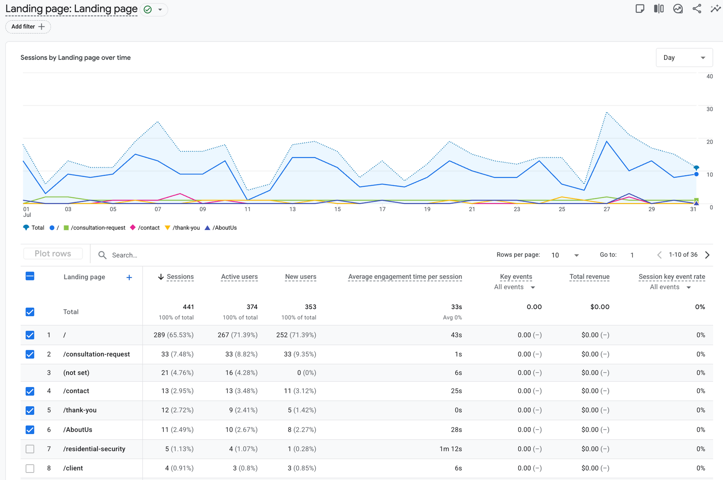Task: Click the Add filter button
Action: (28, 27)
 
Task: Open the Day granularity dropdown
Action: (684, 58)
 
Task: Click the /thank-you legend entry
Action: (183, 228)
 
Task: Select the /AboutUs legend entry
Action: (221, 228)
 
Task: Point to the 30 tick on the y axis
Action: (709, 109)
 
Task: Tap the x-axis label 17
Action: (382, 209)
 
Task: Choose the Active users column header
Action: (239, 277)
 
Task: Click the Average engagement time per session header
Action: (405, 277)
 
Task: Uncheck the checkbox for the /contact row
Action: (30, 391)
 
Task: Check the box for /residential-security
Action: (30, 449)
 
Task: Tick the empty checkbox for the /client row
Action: (30, 468)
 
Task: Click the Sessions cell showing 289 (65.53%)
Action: (174, 335)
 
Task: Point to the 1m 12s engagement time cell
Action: (451, 449)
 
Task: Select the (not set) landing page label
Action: (76, 373)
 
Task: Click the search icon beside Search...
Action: (102, 255)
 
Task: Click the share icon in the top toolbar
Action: (697, 9)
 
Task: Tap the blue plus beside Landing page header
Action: (129, 277)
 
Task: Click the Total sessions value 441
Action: (188, 307)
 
